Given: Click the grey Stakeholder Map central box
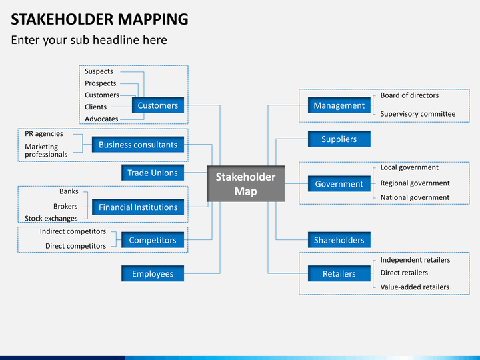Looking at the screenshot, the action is [x=245, y=184].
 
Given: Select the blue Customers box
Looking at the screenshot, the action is [x=158, y=105].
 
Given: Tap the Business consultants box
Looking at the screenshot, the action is [x=138, y=145].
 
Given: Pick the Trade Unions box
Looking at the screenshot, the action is [x=153, y=173].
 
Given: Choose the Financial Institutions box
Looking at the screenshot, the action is [x=138, y=207].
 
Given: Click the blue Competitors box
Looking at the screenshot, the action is [x=153, y=240].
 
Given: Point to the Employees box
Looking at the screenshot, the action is [x=153, y=274].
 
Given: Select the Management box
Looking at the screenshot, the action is [x=339, y=105].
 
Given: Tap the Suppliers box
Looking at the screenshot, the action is [x=339, y=139].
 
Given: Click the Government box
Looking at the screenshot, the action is [x=339, y=184].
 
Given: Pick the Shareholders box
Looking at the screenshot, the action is [x=339, y=240].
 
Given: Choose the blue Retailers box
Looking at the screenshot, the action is [x=339, y=274].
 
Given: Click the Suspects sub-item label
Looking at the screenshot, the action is [x=99, y=71].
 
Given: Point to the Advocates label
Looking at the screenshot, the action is [x=101, y=119].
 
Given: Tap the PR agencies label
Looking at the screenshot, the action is [x=44, y=134].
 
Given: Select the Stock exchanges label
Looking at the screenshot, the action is [x=51, y=218].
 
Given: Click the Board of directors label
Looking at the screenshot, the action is [x=409, y=95].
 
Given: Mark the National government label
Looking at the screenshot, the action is [x=415, y=197].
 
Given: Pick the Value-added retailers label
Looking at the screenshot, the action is [x=415, y=287].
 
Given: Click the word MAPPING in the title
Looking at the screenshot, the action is [x=153, y=19].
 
